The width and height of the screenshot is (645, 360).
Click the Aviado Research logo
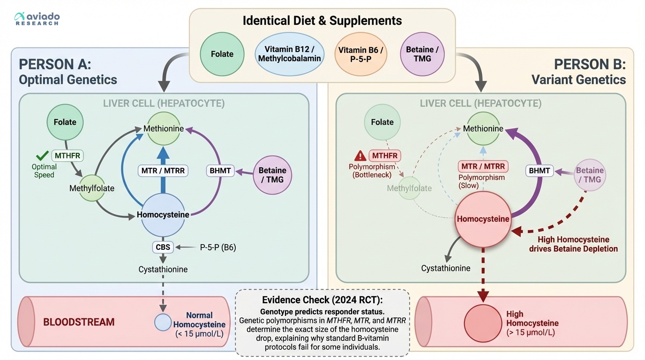point(37,19)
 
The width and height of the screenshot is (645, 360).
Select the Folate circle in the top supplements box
point(222,54)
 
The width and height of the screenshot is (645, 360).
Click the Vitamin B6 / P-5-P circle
point(360,54)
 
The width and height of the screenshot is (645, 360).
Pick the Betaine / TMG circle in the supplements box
point(422,54)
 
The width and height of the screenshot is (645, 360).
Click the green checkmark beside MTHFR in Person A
point(43,156)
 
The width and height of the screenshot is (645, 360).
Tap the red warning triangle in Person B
point(360,156)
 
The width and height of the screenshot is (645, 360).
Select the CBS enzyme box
point(163,247)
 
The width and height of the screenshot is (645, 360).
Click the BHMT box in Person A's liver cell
point(220,171)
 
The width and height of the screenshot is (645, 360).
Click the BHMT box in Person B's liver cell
point(539,171)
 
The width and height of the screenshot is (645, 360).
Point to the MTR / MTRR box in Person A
point(163,171)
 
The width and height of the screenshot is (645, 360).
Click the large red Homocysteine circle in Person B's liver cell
point(483,219)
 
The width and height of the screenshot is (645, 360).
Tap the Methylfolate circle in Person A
point(92,188)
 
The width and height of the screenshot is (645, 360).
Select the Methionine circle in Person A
point(163,128)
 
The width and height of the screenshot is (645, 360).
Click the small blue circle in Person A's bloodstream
point(163,322)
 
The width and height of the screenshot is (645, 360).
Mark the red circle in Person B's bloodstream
point(483,323)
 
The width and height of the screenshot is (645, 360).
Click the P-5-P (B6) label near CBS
point(217,247)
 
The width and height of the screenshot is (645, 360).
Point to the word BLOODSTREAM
point(79,322)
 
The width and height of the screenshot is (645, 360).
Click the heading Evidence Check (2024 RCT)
point(322,301)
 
